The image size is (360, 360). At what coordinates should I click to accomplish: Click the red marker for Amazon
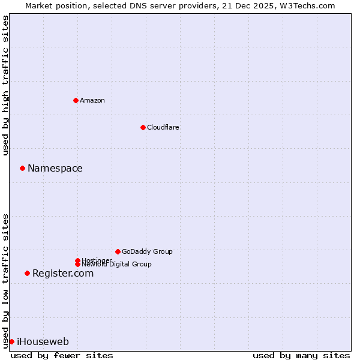coord(76,100)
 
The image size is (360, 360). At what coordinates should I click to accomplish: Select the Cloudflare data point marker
coord(143,127)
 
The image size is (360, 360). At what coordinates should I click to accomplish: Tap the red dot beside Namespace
coord(22,168)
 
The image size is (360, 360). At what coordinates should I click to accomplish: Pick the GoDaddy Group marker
coord(118,251)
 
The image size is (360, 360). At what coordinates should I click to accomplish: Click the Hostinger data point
coord(77,260)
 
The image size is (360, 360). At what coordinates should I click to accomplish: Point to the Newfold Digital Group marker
coord(77,264)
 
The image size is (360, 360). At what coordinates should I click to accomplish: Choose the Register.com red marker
coord(27,273)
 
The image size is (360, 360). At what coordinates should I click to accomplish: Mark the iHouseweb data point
coord(11,341)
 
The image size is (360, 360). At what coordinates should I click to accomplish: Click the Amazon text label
coord(92,100)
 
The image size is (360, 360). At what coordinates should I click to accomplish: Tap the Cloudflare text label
coord(163,127)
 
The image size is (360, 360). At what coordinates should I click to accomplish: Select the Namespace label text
coord(55,168)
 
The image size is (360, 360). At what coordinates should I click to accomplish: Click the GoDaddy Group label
coord(147,251)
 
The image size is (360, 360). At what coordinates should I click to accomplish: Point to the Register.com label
coord(63,273)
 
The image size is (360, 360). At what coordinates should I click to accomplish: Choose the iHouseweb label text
coord(43,341)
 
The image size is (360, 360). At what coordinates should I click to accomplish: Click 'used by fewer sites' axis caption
coord(62,355)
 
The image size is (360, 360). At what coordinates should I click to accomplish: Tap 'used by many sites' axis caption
coord(301,355)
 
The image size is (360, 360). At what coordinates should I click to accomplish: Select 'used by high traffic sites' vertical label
coord(5,85)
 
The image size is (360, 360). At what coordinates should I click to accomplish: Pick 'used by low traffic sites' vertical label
coord(5,280)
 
